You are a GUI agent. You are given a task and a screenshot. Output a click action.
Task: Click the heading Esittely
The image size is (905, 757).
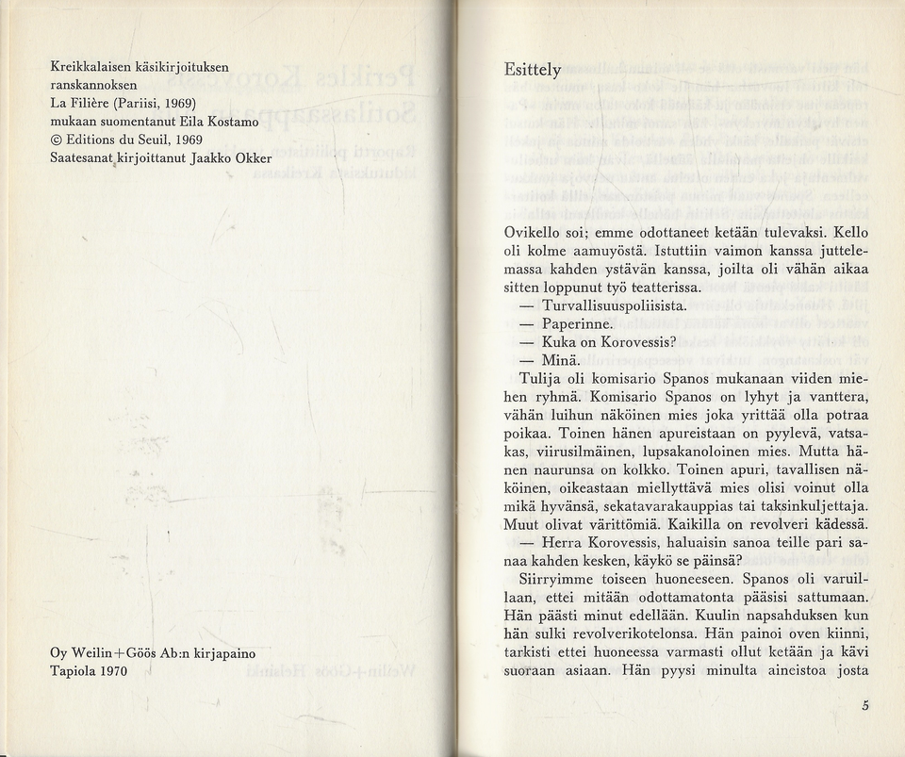533,71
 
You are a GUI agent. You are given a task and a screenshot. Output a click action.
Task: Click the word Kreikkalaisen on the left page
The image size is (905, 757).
93,67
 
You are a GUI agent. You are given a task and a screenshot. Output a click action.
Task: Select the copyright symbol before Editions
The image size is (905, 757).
56,140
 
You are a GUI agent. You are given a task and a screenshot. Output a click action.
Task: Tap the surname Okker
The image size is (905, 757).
252,157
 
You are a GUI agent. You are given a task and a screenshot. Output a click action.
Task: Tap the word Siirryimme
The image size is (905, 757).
561,579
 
